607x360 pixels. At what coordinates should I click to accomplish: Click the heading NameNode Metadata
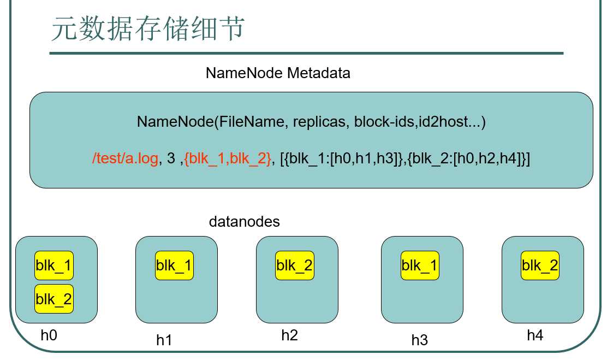[x=278, y=73]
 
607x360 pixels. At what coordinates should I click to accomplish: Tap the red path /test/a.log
[x=126, y=158]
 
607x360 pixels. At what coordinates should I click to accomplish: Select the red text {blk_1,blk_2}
[x=228, y=158]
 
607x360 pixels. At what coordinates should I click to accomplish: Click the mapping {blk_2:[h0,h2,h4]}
[x=468, y=158]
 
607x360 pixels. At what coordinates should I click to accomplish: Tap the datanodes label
[x=244, y=222]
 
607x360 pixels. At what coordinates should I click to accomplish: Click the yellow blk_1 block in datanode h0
[x=54, y=265]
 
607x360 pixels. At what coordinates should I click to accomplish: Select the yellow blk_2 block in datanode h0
[x=54, y=299]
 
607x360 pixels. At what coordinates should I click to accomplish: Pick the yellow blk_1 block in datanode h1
[x=174, y=265]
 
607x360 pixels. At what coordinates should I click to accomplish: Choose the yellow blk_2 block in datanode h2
[x=295, y=265]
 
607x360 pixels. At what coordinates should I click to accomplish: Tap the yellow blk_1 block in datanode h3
[x=420, y=265]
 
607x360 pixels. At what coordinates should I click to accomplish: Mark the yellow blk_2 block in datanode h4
[x=540, y=265]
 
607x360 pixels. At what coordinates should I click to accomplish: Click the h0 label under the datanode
[x=49, y=335]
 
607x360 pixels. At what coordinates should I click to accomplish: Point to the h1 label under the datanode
[x=164, y=340]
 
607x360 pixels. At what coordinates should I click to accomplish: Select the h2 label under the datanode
[x=289, y=335]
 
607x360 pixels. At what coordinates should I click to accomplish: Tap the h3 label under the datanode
[x=419, y=340]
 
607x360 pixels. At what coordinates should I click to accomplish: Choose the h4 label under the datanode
[x=535, y=335]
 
